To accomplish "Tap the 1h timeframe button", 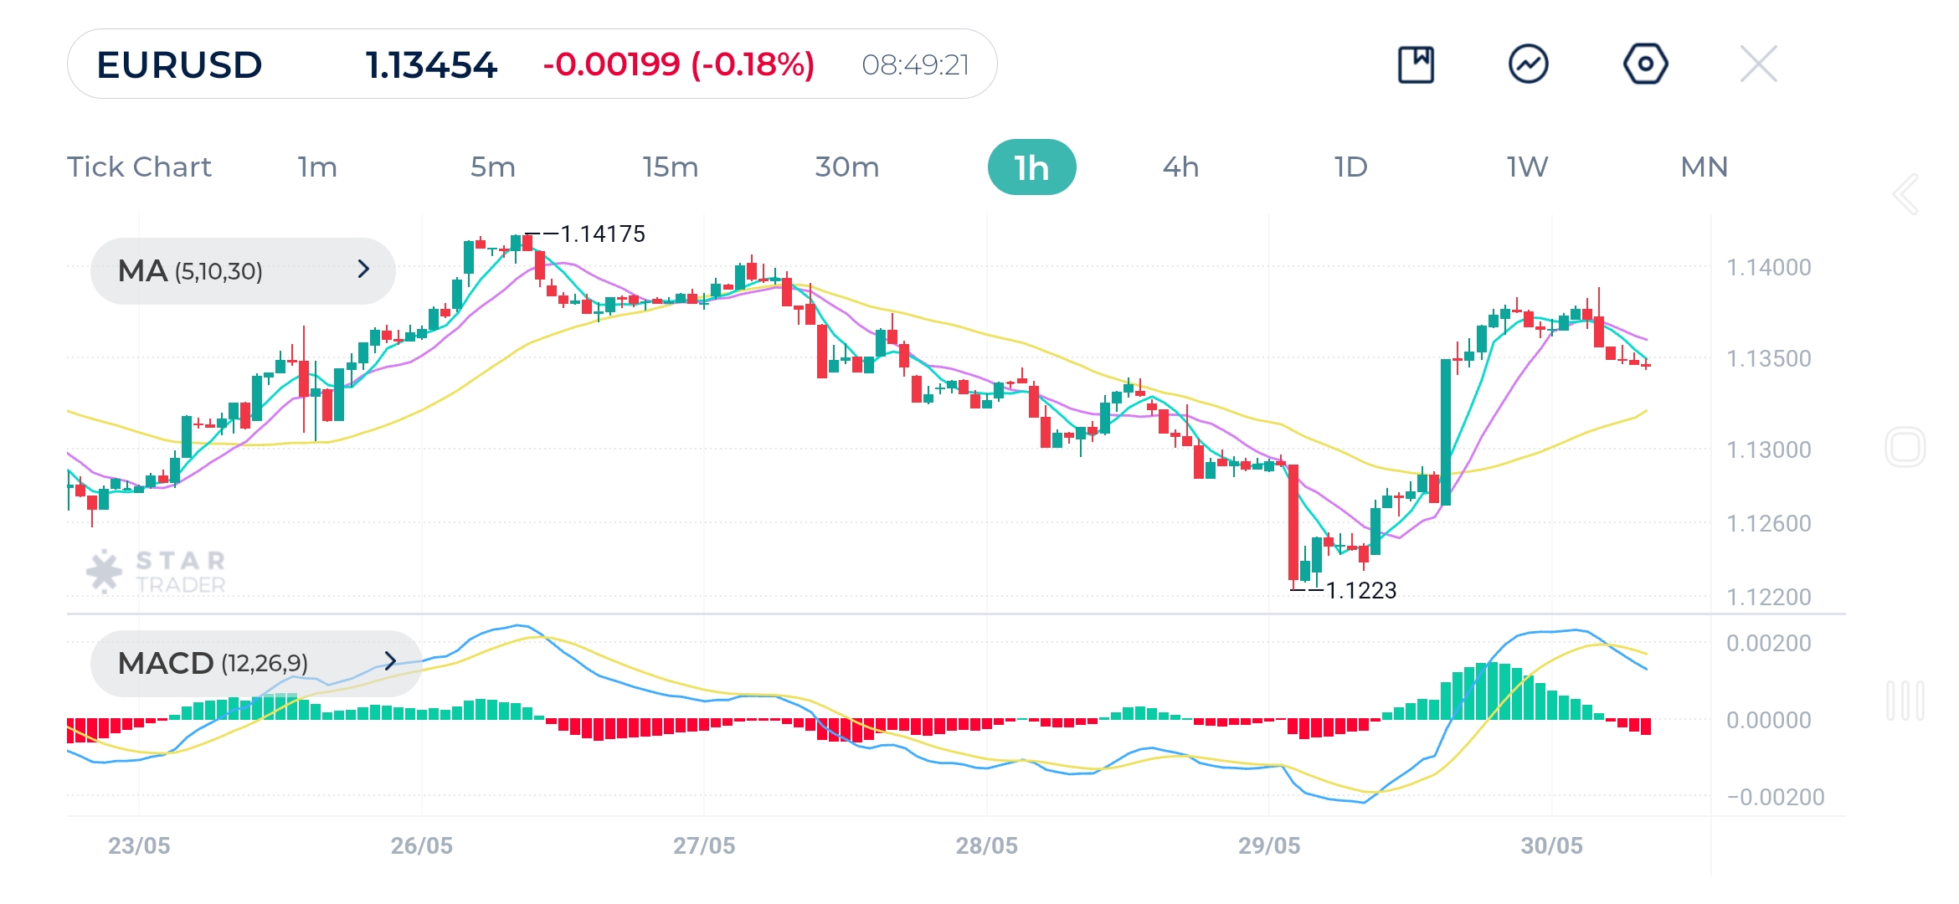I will pyautogui.click(x=1031, y=167).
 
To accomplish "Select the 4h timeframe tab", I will pyautogui.click(x=1180, y=167).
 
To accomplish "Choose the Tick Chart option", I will pyautogui.click(x=139, y=167).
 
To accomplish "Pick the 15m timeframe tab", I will pyautogui.click(x=670, y=167).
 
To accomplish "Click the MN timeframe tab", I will pyautogui.click(x=1704, y=167).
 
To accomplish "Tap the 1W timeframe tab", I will pyautogui.click(x=1527, y=167).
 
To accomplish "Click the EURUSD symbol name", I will pyautogui.click(x=179, y=64).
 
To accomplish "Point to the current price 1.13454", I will pyautogui.click(x=431, y=64).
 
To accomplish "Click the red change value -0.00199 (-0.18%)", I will pyautogui.click(x=678, y=64).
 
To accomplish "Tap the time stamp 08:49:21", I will pyautogui.click(x=915, y=64).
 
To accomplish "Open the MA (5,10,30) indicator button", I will pyautogui.click(x=243, y=270).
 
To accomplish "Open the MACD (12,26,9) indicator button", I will pyautogui.click(x=255, y=663).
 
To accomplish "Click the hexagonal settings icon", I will pyautogui.click(x=1645, y=64).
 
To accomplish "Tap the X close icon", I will pyautogui.click(x=1758, y=64).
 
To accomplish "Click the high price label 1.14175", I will pyautogui.click(x=602, y=234).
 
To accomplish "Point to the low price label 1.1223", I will pyautogui.click(x=1361, y=591).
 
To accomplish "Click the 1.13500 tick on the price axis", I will pyautogui.click(x=1768, y=359).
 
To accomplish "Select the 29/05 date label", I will pyautogui.click(x=1269, y=845).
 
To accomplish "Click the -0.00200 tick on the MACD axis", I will pyautogui.click(x=1775, y=797).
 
